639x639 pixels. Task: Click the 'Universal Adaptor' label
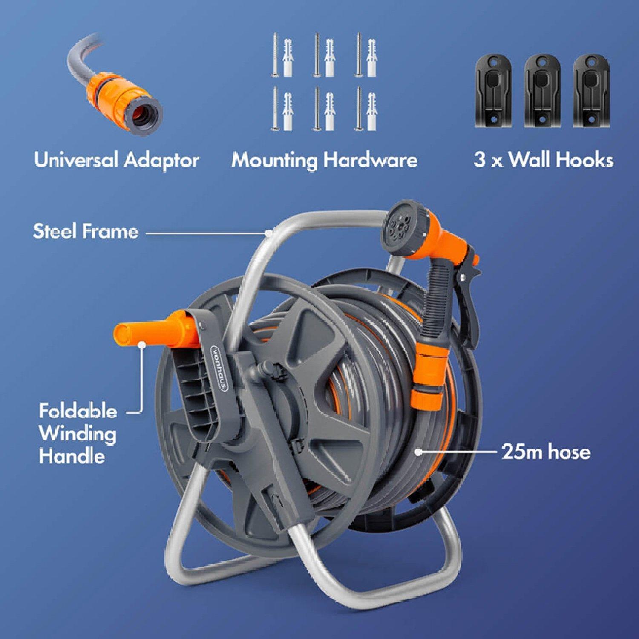pos(116,161)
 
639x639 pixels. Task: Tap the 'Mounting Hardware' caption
pos(324,161)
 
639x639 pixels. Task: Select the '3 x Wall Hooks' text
pos(544,161)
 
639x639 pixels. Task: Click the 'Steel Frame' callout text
pos(86,231)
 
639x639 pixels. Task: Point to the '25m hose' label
pos(546,452)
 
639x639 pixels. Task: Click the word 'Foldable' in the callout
pos(78,412)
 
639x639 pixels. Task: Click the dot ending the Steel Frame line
pos(268,233)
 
